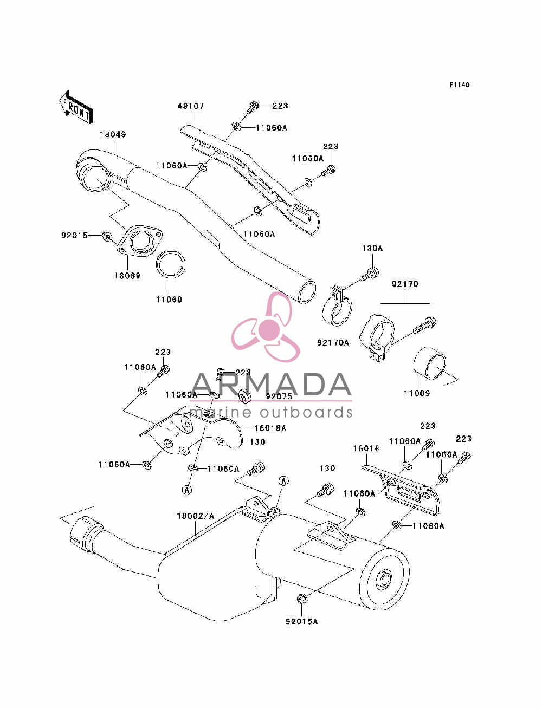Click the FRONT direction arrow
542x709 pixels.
76,107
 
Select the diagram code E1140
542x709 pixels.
459,85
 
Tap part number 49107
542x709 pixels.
190,106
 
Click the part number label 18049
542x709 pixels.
113,134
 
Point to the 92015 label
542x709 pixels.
74,236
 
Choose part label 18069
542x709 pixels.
127,276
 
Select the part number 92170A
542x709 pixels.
333,342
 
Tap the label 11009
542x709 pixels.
417,393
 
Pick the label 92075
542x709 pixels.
279,396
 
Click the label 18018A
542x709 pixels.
270,428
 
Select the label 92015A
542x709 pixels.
301,621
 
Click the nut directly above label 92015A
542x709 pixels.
301,599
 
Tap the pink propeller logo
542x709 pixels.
266,327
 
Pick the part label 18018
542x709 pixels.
366,448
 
